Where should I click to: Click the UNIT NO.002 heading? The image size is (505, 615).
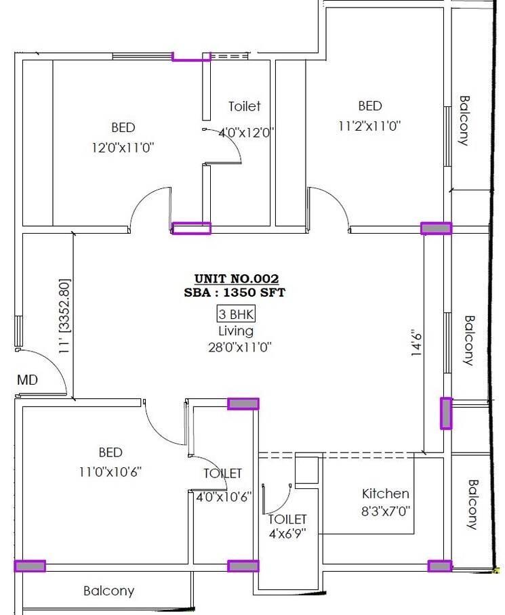pos(236,278)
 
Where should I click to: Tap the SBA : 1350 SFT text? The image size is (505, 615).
pos(236,293)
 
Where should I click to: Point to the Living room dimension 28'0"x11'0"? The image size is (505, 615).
pos(236,347)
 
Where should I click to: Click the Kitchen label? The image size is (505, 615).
pos(385,494)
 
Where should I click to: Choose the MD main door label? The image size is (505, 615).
pos(27,381)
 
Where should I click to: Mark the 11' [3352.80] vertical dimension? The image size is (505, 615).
pos(65,316)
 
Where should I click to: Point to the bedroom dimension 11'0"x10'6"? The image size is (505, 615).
pos(110,471)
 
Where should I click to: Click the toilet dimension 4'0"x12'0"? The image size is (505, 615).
pos(245,133)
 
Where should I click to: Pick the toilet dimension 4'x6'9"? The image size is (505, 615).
pos(287,534)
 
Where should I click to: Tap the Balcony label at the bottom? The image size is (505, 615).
pos(108,591)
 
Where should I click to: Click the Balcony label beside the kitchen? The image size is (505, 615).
pos(472,504)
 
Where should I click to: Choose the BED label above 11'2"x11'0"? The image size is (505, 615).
pos(370,106)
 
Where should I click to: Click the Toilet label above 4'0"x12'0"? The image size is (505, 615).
pos(244,106)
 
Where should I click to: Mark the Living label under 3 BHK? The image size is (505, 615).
pos(235,331)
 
